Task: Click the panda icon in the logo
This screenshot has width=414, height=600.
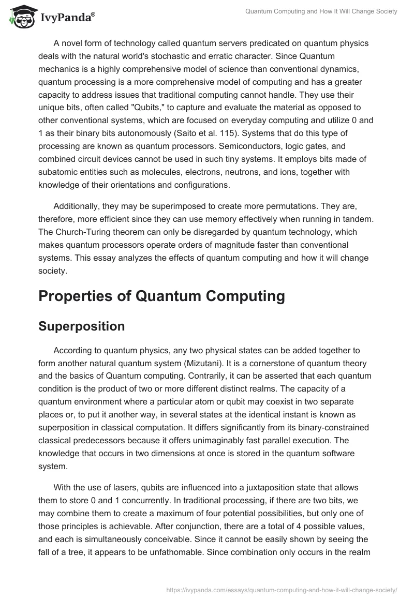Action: [x=20, y=17]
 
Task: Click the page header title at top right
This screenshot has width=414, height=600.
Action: [x=320, y=11]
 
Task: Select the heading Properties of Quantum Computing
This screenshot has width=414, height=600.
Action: [x=161, y=296]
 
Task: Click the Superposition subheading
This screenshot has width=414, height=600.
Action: [x=82, y=326]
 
